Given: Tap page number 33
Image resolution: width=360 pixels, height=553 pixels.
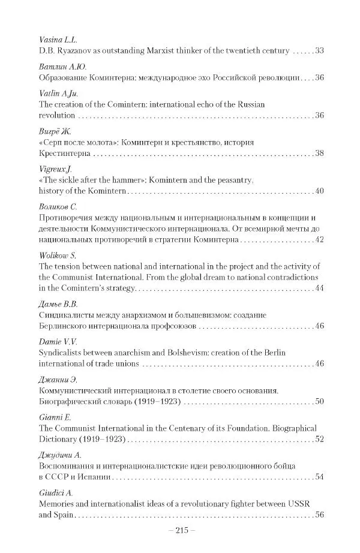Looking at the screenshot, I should click(x=318, y=51).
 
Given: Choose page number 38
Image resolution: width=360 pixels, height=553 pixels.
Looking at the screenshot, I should click(x=318, y=155).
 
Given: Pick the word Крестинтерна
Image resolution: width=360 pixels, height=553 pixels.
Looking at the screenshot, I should click(x=64, y=155).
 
